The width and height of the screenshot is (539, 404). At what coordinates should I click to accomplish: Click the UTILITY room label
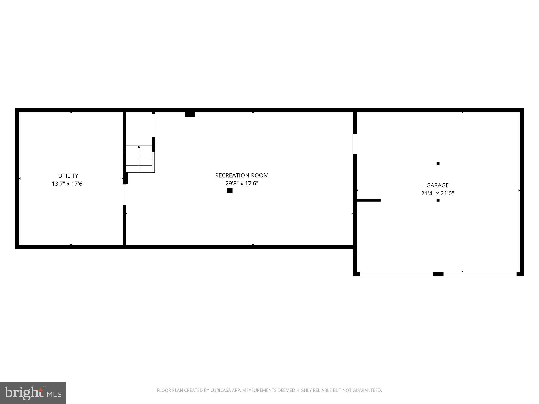(x=68, y=175)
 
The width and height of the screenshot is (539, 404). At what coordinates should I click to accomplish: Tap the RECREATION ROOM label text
(x=242, y=175)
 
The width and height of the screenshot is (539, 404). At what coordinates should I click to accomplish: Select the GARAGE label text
(x=437, y=185)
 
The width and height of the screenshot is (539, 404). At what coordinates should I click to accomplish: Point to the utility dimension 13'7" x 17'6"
(x=68, y=184)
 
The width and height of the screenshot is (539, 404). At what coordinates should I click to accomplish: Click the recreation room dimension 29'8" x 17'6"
(x=242, y=183)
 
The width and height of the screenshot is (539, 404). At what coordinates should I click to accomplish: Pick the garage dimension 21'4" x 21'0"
(x=437, y=193)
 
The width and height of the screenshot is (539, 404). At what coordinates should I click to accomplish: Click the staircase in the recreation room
(x=139, y=159)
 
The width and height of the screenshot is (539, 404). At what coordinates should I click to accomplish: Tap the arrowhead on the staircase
(x=139, y=147)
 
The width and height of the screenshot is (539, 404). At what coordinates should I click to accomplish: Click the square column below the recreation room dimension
(x=230, y=191)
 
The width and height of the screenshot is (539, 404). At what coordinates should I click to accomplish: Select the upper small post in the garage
(x=438, y=163)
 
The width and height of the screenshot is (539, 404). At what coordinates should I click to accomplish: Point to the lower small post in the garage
(x=438, y=200)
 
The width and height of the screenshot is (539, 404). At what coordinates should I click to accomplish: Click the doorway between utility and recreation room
(x=124, y=194)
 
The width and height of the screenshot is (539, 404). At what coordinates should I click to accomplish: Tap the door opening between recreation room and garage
(x=355, y=144)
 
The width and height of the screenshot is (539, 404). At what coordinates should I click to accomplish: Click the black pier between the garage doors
(x=438, y=274)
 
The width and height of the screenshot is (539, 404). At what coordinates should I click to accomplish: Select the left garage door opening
(x=396, y=274)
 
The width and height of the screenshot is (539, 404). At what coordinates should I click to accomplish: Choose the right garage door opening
(x=480, y=274)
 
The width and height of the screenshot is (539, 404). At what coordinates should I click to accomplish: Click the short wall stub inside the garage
(x=368, y=200)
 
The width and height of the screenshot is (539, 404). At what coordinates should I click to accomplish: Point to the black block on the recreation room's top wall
(x=190, y=114)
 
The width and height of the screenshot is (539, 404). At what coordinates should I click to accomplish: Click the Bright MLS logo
(x=33, y=393)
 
